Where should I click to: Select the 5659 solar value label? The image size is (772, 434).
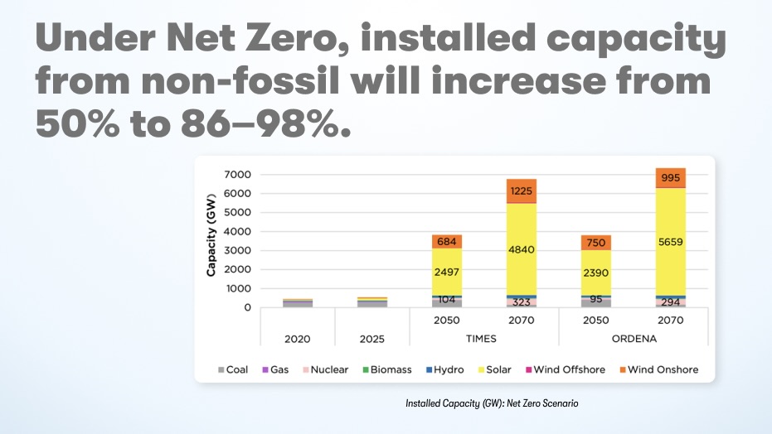click(670, 242)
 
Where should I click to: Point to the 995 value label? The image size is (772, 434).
click(670, 178)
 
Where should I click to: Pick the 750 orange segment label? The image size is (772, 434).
click(596, 242)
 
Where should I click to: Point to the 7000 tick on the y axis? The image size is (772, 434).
click(238, 175)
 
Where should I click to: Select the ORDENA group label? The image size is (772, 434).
click(634, 339)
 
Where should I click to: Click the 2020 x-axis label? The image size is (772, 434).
click(297, 339)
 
